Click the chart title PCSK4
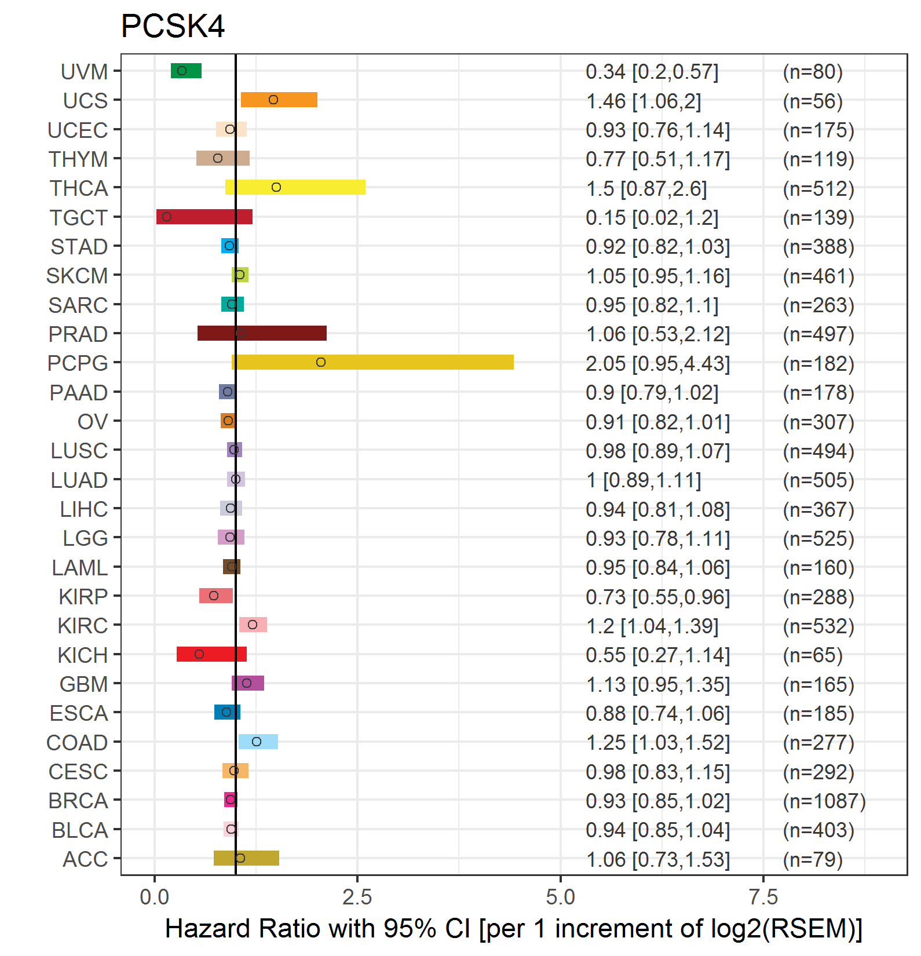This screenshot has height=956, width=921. [173, 26]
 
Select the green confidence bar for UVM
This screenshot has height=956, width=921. [186, 71]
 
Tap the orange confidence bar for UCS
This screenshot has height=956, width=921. [279, 100]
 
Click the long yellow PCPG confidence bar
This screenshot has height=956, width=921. [373, 362]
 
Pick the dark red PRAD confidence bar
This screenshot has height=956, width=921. [262, 333]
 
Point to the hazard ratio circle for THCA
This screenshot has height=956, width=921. [276, 187]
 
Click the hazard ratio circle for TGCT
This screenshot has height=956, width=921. [167, 217]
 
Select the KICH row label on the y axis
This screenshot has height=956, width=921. [83, 655]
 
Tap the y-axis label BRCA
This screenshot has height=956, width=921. [78, 801]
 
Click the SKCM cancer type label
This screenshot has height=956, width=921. [77, 276]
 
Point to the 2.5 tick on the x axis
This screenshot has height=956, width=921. [357, 897]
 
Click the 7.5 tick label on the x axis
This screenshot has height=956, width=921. [763, 897]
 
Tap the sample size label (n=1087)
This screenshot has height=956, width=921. [824, 801]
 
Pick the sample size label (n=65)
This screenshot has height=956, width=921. [813, 655]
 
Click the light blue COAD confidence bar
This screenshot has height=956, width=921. [258, 742]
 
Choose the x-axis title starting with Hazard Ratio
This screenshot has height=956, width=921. [514, 929]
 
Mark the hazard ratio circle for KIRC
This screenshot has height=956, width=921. [253, 625]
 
